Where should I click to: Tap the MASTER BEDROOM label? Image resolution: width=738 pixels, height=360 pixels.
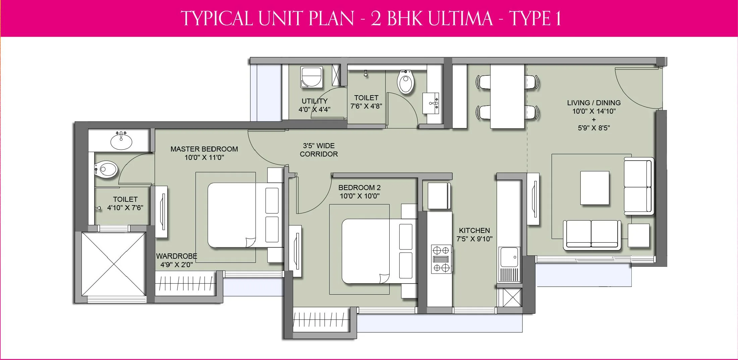tap(204, 149)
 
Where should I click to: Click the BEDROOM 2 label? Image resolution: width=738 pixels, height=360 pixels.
tap(359, 188)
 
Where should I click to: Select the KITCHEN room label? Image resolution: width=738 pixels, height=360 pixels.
tap(474, 231)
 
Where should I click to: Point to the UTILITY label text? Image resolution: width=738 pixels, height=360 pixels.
tap(314, 101)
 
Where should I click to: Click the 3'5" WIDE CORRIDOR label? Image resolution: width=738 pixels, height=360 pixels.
tap(319, 150)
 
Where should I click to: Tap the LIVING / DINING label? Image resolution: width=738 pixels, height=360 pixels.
tap(593, 103)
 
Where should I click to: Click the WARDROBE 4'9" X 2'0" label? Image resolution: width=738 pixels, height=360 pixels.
tap(176, 260)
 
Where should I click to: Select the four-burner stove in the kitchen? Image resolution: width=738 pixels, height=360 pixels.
tap(441, 259)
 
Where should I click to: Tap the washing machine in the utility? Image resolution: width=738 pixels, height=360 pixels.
tap(312, 77)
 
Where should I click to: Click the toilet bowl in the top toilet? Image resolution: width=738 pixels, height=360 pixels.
tap(406, 82)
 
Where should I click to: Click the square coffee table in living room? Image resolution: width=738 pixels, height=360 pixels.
tap(594, 188)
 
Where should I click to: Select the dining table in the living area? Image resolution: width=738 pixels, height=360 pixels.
tap(507, 96)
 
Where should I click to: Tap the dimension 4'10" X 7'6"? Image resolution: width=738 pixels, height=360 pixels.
tap(125, 208)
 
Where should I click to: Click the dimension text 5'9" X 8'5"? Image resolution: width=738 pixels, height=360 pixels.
tap(593, 128)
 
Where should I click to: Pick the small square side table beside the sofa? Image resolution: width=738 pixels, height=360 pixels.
tap(638, 235)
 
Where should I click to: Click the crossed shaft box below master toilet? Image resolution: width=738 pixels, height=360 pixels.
tap(114, 264)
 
